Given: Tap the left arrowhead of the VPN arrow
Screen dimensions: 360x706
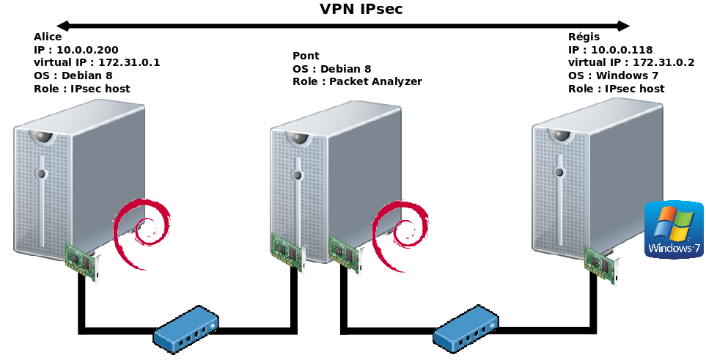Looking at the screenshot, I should (x=63, y=26).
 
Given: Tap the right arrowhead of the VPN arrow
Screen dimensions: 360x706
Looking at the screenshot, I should (x=623, y=26).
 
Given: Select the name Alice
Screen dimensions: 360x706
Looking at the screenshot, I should (x=48, y=37).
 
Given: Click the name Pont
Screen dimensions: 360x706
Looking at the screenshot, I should (x=306, y=56).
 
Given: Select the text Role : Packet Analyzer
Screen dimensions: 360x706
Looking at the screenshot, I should (x=357, y=82).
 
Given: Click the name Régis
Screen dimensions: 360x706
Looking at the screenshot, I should (x=584, y=37).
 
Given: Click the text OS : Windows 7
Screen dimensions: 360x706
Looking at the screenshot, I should (x=614, y=76).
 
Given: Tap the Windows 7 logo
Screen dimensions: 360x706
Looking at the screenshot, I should (x=674, y=230).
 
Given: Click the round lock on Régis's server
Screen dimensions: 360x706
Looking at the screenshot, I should (x=559, y=172).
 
